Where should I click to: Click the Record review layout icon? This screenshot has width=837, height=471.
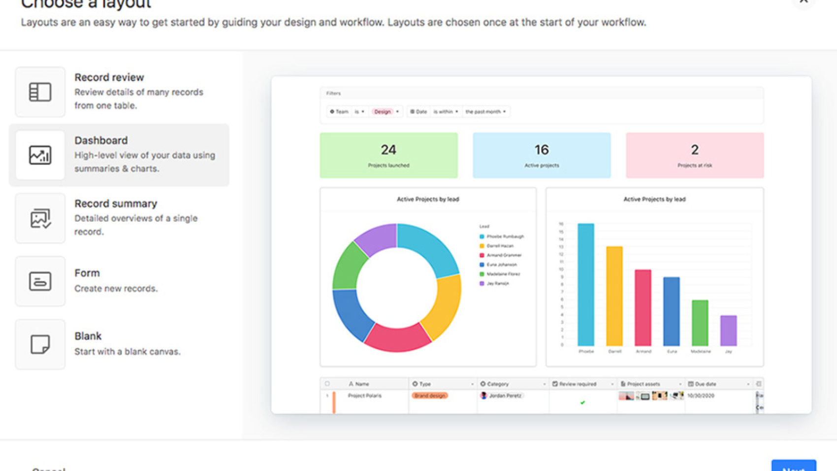click(40, 92)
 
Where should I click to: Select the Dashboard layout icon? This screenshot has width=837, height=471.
click(40, 155)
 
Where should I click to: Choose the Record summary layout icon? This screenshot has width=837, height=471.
click(40, 218)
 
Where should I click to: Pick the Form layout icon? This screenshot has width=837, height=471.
click(40, 281)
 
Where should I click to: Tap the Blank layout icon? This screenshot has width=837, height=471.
click(40, 344)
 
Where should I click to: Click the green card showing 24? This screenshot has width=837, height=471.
click(388, 155)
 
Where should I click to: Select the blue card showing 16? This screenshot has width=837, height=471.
click(542, 155)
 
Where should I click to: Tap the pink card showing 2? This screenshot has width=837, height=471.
click(695, 155)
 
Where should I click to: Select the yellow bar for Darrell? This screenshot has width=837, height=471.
click(614, 296)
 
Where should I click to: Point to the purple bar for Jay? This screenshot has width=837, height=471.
click(729, 331)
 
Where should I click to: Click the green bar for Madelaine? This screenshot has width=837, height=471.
click(700, 323)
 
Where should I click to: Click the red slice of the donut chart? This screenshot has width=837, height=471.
click(397, 339)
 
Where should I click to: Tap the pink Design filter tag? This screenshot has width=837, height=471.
click(382, 112)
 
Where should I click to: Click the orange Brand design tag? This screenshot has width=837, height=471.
click(429, 396)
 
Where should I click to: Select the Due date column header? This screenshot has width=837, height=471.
click(706, 384)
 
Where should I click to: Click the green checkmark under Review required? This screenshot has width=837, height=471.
click(582, 403)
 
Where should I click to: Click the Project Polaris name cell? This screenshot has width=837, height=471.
click(364, 396)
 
